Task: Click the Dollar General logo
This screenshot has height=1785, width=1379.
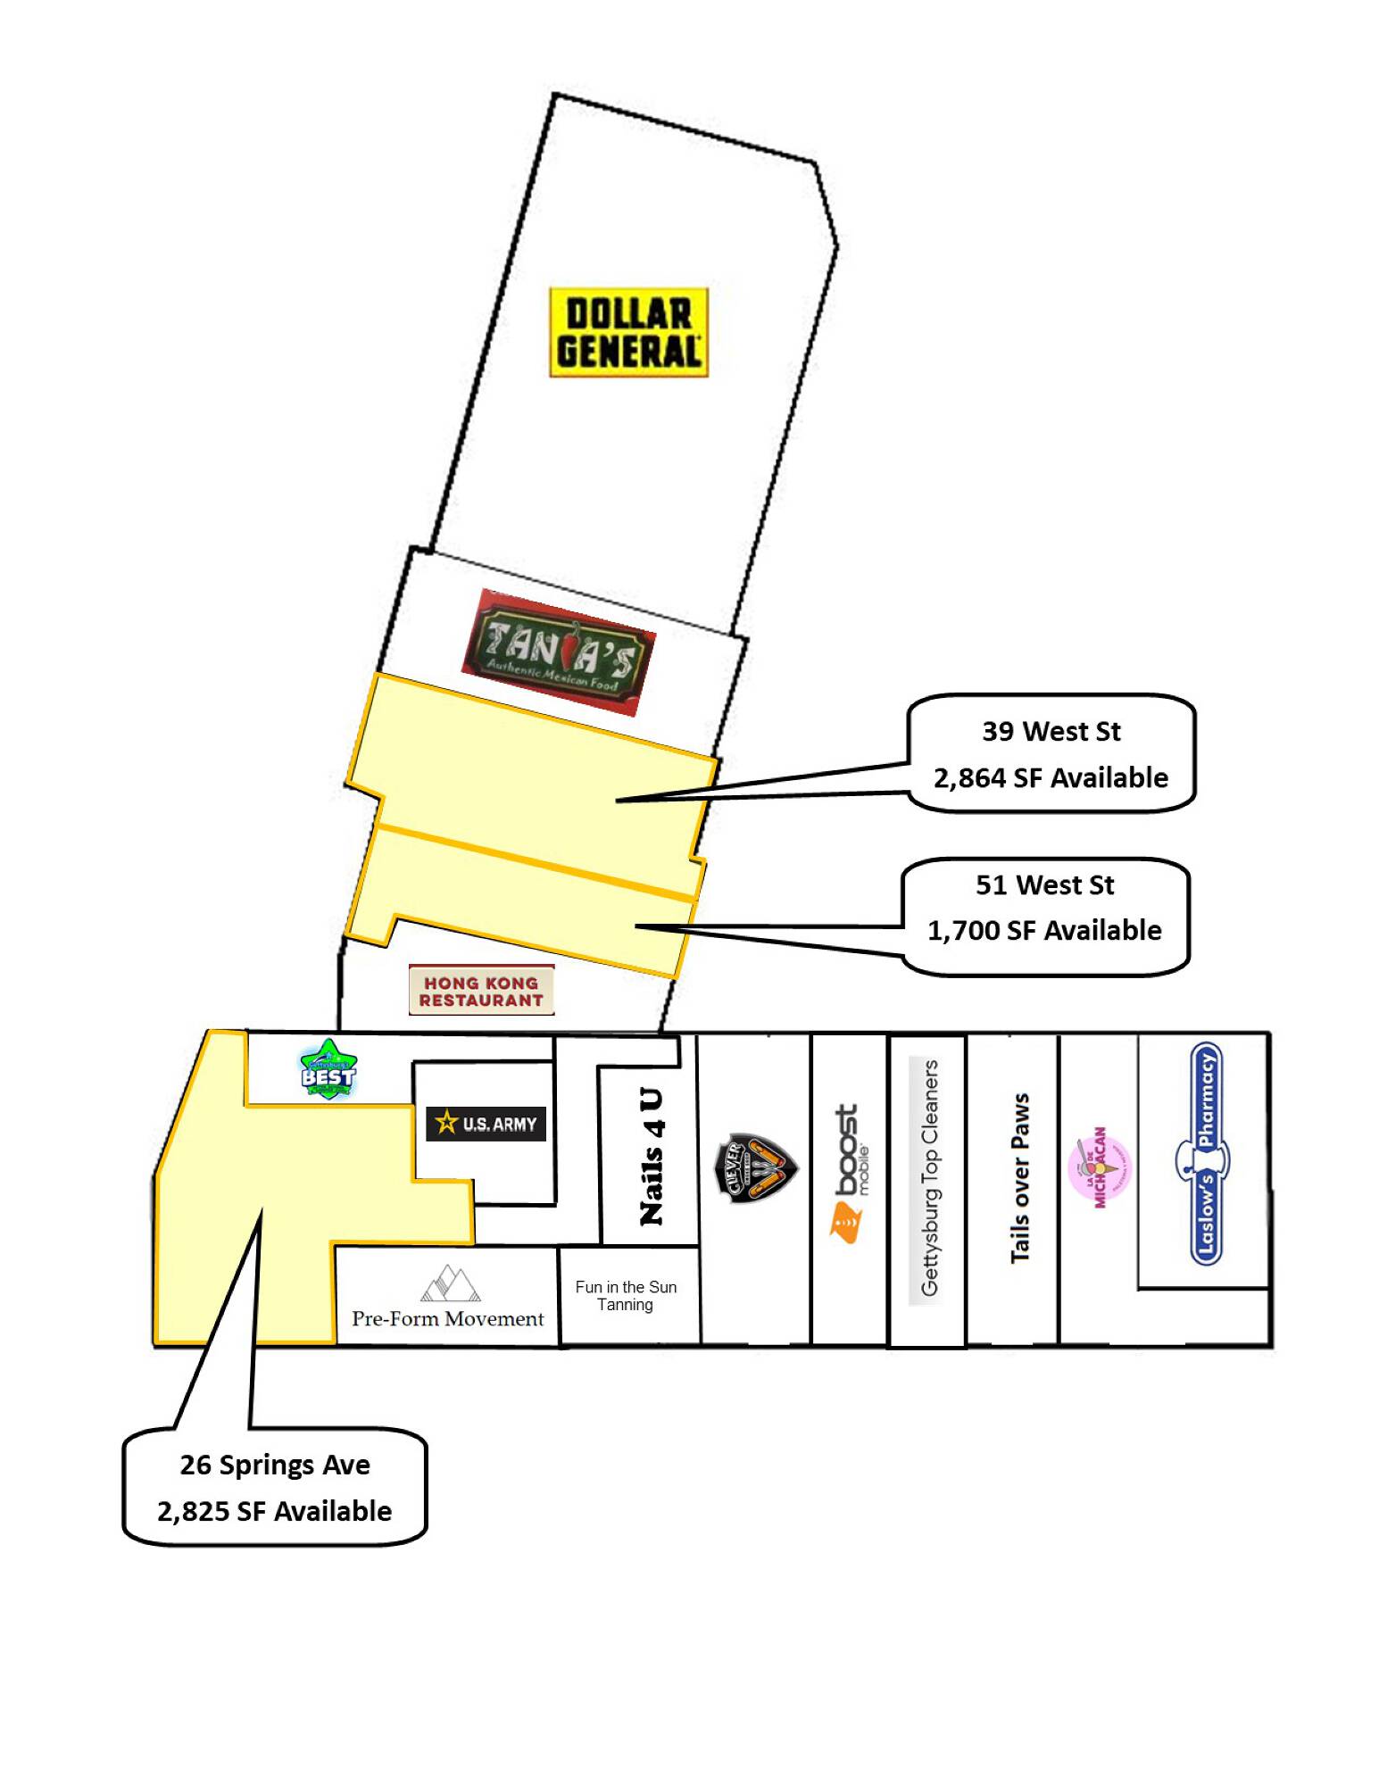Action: click(x=627, y=332)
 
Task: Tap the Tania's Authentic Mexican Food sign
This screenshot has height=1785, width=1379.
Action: click(x=559, y=652)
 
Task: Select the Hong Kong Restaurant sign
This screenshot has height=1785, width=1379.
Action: click(x=481, y=991)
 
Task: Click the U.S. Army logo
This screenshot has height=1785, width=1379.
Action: click(x=486, y=1124)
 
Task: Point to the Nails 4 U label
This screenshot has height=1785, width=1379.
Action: click(x=652, y=1157)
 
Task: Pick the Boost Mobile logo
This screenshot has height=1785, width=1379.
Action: click(x=848, y=1173)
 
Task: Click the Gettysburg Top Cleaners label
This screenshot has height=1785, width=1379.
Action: click(x=929, y=1178)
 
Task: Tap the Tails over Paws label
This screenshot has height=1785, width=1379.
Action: click(x=1019, y=1178)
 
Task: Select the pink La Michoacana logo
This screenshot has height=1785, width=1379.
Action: click(x=1099, y=1167)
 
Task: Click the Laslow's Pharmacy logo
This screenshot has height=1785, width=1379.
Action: click(x=1205, y=1154)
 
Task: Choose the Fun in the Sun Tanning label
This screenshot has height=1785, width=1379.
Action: click(x=626, y=1295)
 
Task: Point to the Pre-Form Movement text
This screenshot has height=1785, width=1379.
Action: click(x=447, y=1319)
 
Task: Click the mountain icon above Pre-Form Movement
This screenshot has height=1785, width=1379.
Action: click(x=451, y=1283)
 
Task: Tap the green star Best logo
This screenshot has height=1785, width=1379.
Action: click(x=328, y=1069)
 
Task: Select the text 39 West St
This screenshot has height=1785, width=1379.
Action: click(x=1051, y=732)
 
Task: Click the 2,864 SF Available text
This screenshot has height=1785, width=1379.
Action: click(x=1051, y=778)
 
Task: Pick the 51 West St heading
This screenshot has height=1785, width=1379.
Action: click(x=1044, y=885)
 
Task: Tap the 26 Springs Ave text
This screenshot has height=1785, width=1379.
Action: click(x=275, y=1465)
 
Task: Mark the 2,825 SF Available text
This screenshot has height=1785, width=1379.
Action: click(x=275, y=1512)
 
